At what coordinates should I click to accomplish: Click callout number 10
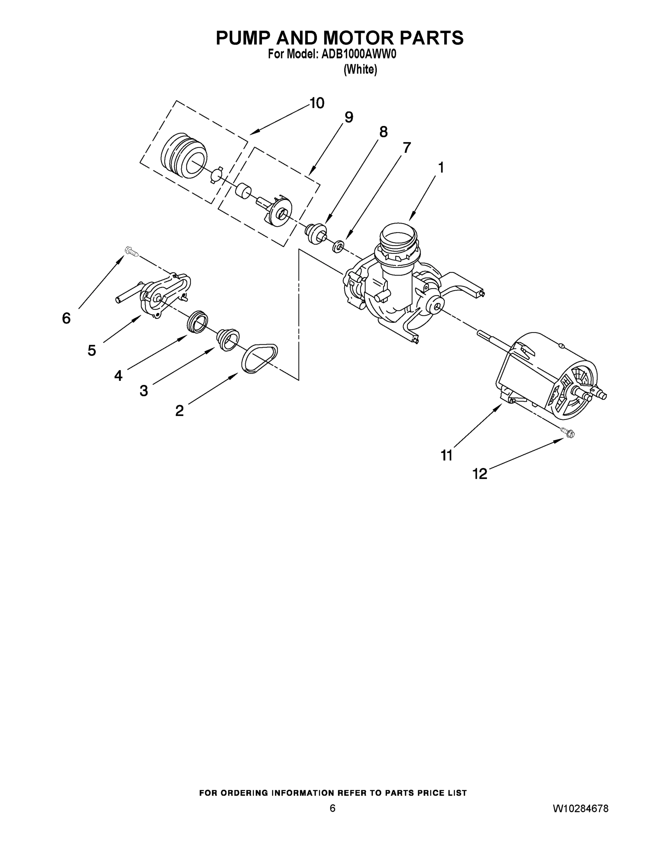(x=317, y=103)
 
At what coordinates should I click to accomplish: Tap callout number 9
(x=349, y=117)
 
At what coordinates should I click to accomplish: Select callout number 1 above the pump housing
(x=441, y=168)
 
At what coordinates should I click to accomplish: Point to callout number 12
(x=480, y=474)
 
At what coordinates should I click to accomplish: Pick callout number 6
(x=66, y=318)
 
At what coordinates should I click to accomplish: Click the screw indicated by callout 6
(x=131, y=251)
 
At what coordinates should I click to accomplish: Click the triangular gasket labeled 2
(x=259, y=358)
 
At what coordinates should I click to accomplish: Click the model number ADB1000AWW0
(x=358, y=55)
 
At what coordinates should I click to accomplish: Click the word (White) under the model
(x=360, y=70)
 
